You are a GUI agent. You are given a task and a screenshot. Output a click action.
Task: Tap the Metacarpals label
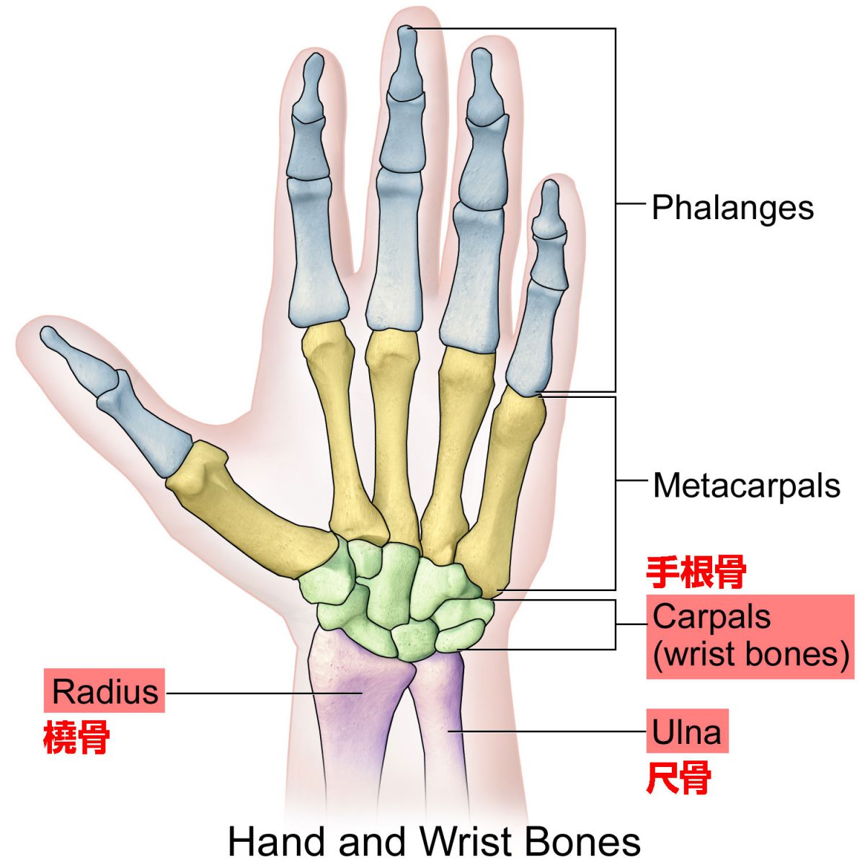(746, 486)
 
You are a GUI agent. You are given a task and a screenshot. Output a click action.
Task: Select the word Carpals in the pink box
(711, 617)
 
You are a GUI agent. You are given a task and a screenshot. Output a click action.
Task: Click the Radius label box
(104, 691)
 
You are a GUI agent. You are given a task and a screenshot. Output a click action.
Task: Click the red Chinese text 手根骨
(696, 572)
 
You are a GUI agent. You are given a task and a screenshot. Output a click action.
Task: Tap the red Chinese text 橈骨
(76, 737)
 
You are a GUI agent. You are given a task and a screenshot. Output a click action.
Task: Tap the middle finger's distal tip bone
(406, 63)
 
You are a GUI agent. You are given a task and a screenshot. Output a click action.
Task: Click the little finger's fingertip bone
(549, 209)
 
